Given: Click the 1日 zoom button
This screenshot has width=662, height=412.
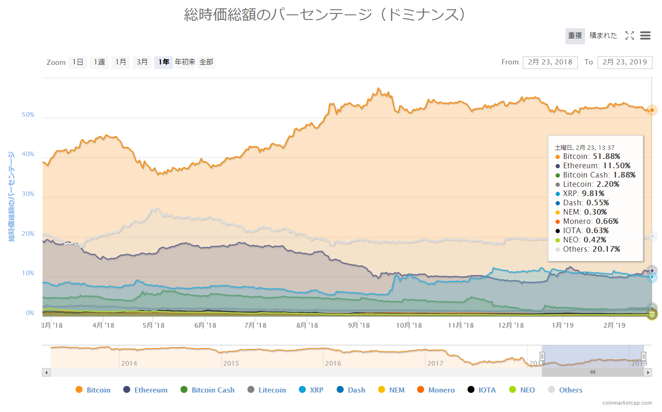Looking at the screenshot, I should pyautogui.click(x=78, y=62).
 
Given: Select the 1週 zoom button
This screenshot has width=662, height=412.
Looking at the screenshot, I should pyautogui.click(x=99, y=62).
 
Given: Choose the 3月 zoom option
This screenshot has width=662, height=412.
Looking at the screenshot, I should pyautogui.click(x=142, y=62).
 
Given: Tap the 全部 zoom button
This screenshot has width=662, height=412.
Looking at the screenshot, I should pyautogui.click(x=207, y=62).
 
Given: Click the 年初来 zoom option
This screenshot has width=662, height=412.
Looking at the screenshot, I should pyautogui.click(x=185, y=62).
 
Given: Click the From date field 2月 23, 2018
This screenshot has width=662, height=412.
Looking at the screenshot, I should pyautogui.click(x=550, y=62).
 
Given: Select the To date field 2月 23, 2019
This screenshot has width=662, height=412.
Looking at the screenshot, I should pyautogui.click(x=624, y=62).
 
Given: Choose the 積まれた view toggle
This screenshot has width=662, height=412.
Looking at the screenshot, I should pyautogui.click(x=603, y=36).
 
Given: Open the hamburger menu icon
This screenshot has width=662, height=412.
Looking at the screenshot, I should pyautogui.click(x=645, y=36).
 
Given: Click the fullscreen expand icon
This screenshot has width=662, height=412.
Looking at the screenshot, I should pyautogui.click(x=629, y=36).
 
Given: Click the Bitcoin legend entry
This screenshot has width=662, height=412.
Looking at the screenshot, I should pyautogui.click(x=93, y=390).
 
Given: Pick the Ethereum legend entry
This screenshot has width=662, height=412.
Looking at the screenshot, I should pyautogui.click(x=145, y=390).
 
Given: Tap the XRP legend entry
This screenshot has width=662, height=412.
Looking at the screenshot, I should pyautogui.click(x=311, y=390).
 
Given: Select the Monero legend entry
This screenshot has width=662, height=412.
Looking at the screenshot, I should pyautogui.click(x=436, y=390).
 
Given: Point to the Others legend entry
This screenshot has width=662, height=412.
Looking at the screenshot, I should pyautogui.click(x=565, y=390).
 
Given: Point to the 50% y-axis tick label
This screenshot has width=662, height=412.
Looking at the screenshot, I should pyautogui.click(x=28, y=114).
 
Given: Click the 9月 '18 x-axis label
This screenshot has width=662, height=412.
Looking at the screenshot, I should pyautogui.click(x=359, y=325).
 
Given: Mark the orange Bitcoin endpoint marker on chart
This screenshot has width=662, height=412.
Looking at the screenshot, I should pyautogui.click(x=652, y=110).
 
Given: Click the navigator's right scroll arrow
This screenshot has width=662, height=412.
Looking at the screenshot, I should pyautogui.click(x=648, y=372).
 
